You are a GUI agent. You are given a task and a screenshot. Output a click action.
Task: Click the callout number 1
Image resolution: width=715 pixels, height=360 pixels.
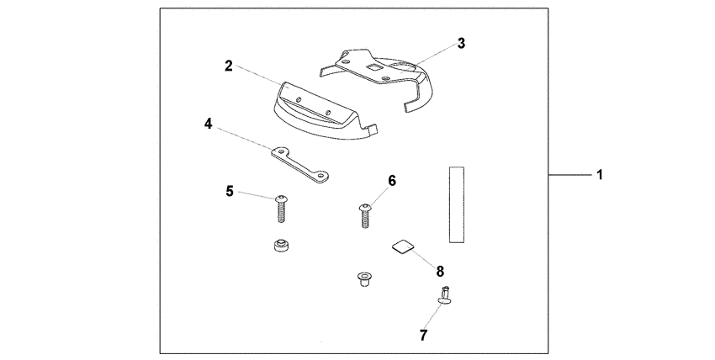click(x=600, y=175)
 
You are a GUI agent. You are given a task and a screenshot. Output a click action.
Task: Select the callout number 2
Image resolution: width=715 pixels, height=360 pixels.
click(x=228, y=65)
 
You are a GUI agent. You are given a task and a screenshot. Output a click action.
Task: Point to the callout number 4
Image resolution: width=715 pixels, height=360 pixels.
click(x=208, y=124)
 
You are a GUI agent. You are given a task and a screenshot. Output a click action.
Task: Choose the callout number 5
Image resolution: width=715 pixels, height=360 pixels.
click(x=230, y=191)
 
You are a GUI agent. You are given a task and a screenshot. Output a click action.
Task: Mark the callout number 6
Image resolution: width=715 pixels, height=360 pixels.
click(x=392, y=181)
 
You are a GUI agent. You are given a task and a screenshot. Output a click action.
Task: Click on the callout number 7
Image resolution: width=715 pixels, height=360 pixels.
click(x=423, y=335)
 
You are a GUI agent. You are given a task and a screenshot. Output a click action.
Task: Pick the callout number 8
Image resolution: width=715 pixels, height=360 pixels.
click(x=439, y=270)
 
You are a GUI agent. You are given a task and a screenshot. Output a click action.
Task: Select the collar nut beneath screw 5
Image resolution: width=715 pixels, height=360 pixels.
click(x=280, y=246)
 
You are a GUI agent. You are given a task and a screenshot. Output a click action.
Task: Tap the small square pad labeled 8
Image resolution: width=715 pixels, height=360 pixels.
click(x=404, y=246)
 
